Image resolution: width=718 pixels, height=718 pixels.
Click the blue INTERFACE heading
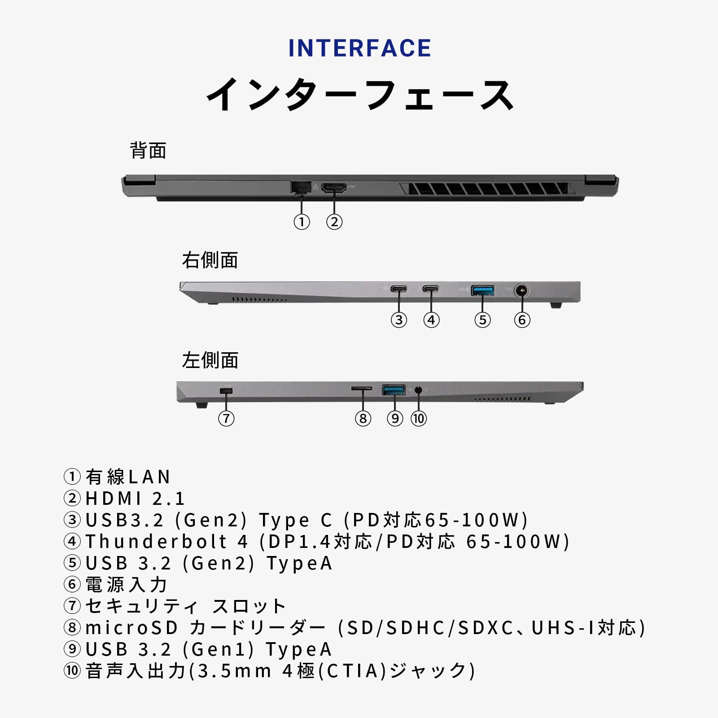click(x=359, y=48)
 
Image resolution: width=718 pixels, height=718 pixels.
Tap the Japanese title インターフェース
click(x=359, y=95)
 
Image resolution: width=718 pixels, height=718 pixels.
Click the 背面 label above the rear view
click(x=148, y=150)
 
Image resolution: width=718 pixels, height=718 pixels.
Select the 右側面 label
click(x=210, y=260)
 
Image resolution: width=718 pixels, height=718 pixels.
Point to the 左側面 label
click(x=210, y=360)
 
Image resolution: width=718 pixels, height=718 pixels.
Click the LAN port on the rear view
click(x=301, y=187)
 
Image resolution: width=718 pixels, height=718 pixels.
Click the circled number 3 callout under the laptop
click(x=399, y=320)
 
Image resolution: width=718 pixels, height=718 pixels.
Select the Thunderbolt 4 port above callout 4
click(x=431, y=289)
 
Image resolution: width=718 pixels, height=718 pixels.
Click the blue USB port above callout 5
click(x=483, y=290)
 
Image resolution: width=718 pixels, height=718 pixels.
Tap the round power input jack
click(x=521, y=291)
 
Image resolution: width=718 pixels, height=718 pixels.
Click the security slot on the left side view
click(x=226, y=391)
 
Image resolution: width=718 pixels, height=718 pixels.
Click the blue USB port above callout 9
click(x=394, y=390)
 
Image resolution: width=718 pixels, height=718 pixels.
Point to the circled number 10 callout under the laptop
click(x=419, y=419)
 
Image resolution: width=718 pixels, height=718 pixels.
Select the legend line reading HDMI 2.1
click(x=135, y=499)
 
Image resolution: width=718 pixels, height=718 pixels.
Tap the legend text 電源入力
click(x=127, y=585)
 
